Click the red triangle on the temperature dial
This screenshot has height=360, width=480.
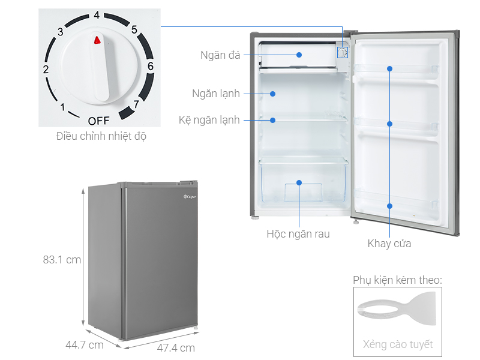[97, 40]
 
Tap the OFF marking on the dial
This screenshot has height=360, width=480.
[98, 121]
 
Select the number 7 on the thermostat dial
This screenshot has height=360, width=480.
[136, 104]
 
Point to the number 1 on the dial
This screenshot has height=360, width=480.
[62, 107]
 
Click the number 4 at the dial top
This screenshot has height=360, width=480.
[97, 15]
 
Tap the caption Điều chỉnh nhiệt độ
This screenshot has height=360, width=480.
[101, 136]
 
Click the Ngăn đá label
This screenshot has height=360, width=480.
[220, 55]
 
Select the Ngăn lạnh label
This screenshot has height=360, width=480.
[216, 94]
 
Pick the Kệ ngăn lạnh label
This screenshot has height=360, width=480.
[209, 120]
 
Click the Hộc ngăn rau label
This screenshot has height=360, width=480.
[298, 234]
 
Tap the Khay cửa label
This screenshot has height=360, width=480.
[389, 244]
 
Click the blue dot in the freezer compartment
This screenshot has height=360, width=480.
[299, 55]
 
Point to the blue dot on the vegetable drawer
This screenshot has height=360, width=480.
[299, 183]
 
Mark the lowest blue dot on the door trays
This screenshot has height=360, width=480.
[389, 206]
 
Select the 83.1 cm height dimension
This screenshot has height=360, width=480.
[62, 260]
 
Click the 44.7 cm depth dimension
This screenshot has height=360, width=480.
[85, 345]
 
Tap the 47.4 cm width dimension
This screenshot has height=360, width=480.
[176, 348]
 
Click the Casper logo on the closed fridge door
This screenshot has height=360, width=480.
[190, 197]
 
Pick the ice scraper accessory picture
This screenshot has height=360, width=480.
[397, 308]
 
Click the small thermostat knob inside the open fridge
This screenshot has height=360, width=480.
[343, 52]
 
